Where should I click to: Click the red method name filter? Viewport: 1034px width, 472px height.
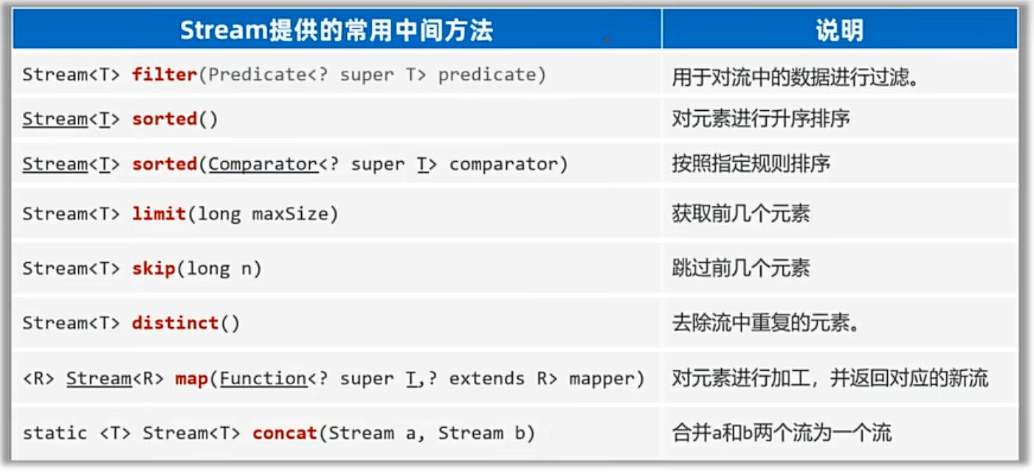pyautogui.click(x=165, y=75)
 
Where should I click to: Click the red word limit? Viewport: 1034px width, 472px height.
pyautogui.click(x=159, y=213)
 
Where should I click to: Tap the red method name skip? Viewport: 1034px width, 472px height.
pyautogui.click(x=154, y=268)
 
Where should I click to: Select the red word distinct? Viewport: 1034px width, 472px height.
pyautogui.click(x=176, y=322)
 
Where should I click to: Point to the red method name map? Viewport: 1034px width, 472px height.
pyautogui.click(x=192, y=379)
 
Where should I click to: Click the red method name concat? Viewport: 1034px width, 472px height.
pyautogui.click(x=285, y=433)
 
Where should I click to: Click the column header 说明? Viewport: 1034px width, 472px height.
pyautogui.click(x=840, y=30)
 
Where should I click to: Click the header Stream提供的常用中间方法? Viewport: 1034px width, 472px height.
pyautogui.click(x=337, y=30)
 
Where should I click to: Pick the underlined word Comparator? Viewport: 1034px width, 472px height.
pyautogui.click(x=263, y=164)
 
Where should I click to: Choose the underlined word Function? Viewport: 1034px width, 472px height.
pyautogui.click(x=263, y=378)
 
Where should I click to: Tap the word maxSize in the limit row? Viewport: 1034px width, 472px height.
pyautogui.click(x=290, y=213)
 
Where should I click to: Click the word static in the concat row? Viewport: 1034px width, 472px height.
pyautogui.click(x=55, y=433)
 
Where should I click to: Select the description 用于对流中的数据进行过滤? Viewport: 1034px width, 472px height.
pyautogui.click(x=794, y=77)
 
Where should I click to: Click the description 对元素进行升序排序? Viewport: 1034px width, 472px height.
pyautogui.click(x=761, y=119)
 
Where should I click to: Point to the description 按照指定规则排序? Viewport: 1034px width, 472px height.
pyautogui.click(x=751, y=163)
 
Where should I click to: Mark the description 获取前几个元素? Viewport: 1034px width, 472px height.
pyautogui.click(x=741, y=213)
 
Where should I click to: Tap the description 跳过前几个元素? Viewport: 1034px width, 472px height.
pyautogui.click(x=741, y=268)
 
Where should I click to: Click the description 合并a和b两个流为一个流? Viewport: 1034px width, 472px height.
pyautogui.click(x=782, y=433)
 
